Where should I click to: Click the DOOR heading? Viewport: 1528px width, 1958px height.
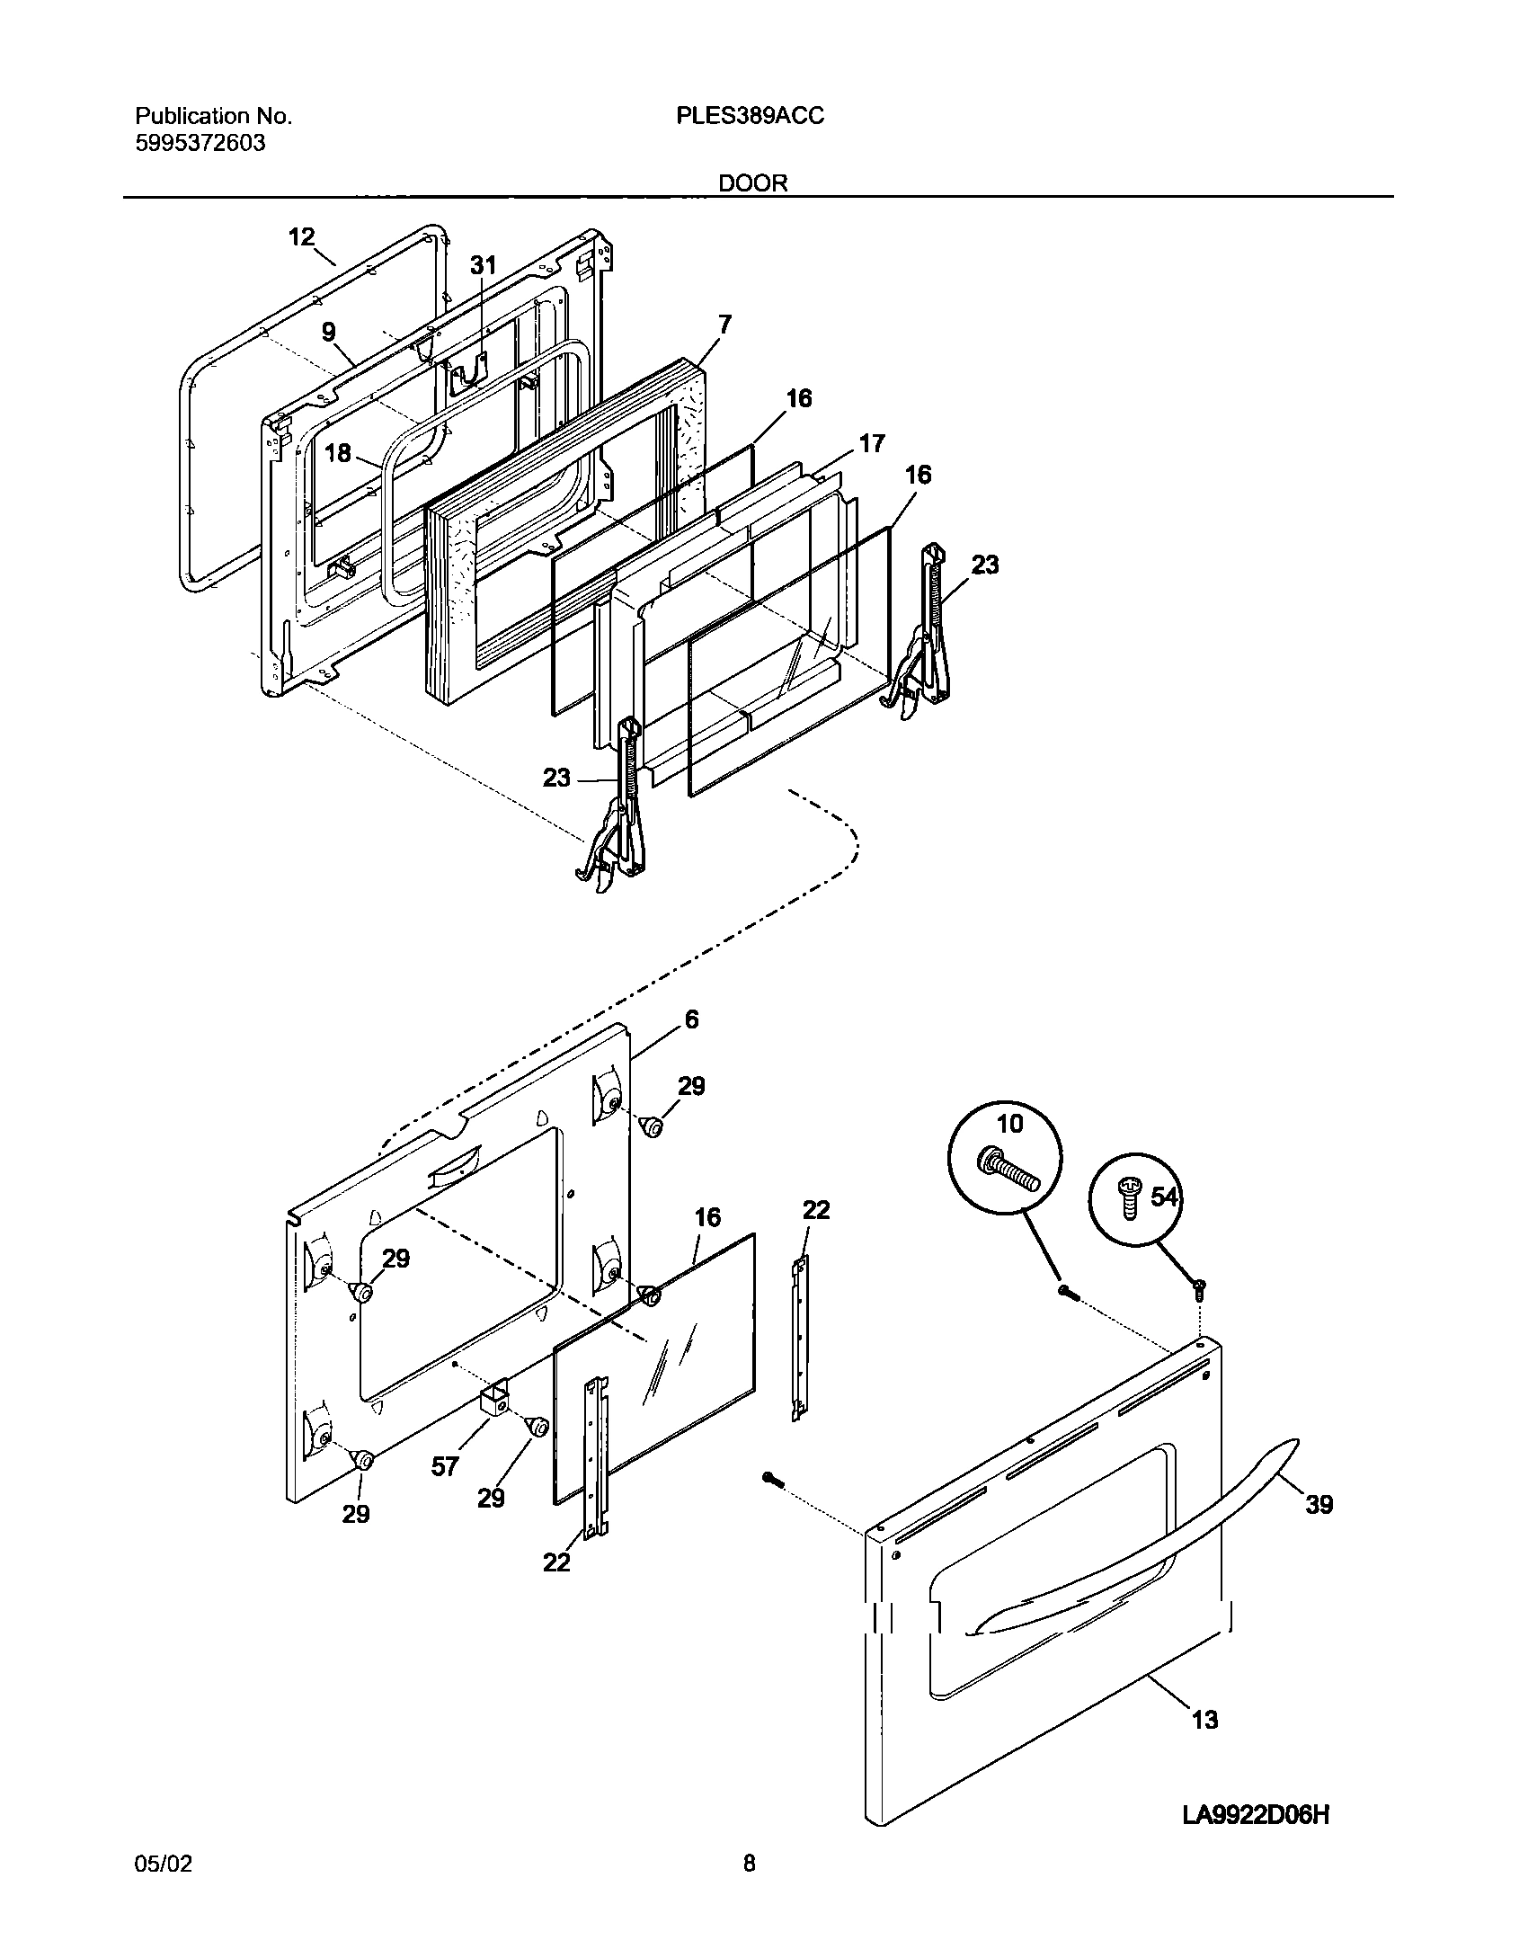tap(752, 183)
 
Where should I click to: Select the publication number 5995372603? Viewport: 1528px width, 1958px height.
tap(200, 143)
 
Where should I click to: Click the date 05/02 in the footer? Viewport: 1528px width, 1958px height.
tap(163, 1890)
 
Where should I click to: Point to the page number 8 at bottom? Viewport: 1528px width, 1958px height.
tap(749, 1889)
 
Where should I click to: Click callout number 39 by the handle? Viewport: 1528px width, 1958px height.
tap(1319, 1504)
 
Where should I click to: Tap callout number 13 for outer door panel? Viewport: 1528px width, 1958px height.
tap(1204, 1719)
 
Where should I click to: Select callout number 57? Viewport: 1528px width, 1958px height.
tap(445, 1466)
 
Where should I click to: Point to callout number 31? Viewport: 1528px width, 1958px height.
tap(483, 265)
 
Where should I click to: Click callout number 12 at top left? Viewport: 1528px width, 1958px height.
tap(301, 237)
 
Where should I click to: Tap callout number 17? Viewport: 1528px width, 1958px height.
tap(871, 443)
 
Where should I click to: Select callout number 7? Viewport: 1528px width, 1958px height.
tap(724, 324)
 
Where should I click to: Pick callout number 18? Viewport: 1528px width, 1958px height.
tap(338, 453)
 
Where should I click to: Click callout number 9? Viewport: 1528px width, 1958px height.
tap(329, 332)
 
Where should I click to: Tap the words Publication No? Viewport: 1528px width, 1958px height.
tap(213, 116)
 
